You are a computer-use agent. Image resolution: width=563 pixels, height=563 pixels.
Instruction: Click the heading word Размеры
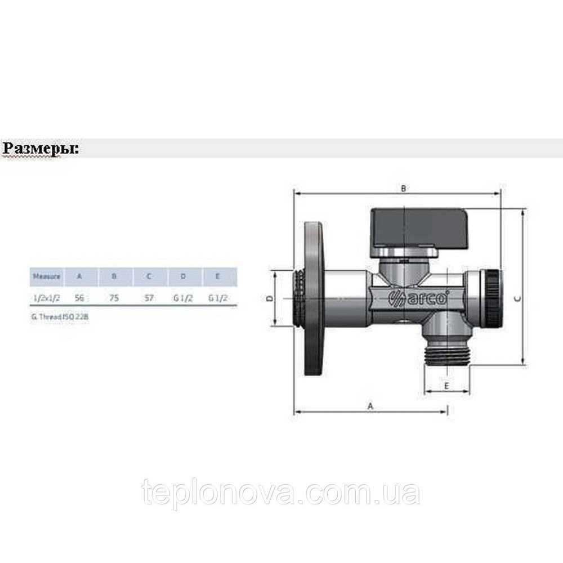coord(41,149)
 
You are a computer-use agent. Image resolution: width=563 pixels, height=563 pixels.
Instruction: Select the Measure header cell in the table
coord(46,276)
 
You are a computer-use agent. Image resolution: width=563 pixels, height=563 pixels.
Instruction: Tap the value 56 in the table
coord(79,298)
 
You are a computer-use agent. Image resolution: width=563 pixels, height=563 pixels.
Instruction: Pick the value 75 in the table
coord(114,298)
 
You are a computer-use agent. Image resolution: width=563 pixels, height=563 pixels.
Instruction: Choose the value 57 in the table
coord(149,298)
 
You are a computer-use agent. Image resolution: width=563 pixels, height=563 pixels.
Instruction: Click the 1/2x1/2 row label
coord(46,298)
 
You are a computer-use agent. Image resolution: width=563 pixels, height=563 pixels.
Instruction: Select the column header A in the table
coord(79,276)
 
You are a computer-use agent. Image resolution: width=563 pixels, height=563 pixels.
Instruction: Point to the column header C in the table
coord(149,276)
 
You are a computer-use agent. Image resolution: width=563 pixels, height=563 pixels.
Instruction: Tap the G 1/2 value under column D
coord(184,298)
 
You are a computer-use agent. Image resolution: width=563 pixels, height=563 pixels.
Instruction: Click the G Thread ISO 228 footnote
coord(60,317)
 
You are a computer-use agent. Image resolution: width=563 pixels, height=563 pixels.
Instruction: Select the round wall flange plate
coord(312,298)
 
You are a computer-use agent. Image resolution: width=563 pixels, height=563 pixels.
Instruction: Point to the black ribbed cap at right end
coord(494,299)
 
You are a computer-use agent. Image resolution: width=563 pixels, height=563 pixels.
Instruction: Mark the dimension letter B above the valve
coord(404,189)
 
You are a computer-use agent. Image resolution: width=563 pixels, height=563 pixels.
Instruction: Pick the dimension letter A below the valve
coord(370,405)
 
